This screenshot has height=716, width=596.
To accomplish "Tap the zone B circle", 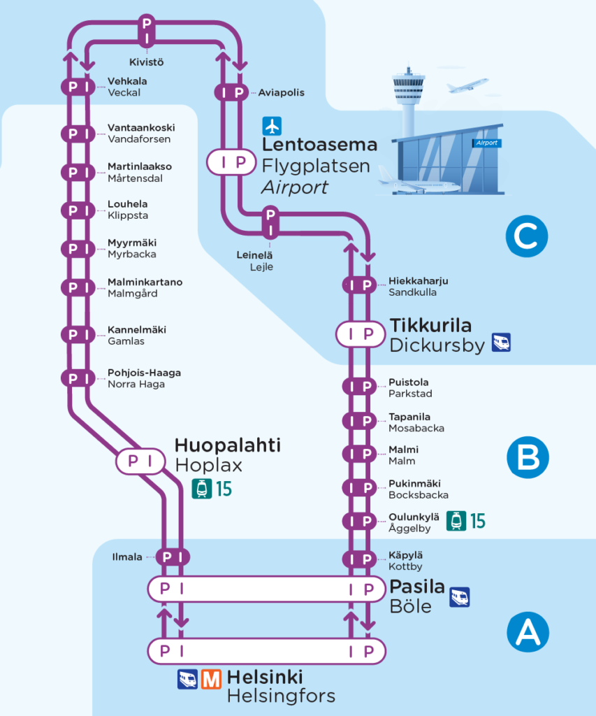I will [528, 458].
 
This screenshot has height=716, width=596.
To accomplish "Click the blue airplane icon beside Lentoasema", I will [271, 126].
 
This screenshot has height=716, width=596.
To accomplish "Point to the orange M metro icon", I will [211, 679].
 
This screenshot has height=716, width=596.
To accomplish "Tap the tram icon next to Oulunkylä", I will [456, 520].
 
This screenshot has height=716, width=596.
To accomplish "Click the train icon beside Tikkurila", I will [501, 342].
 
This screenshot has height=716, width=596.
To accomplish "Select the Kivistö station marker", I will [147, 29].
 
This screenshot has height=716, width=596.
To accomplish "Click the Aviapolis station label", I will [281, 92].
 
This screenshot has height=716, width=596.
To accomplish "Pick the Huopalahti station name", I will [227, 445].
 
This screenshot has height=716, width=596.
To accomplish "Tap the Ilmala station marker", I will [173, 557].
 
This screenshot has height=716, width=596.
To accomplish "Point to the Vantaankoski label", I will [141, 128].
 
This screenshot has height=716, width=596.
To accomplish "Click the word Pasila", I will [417, 587].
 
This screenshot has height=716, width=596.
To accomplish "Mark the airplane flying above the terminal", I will [467, 85].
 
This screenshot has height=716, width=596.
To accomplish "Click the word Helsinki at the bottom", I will [265, 678].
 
